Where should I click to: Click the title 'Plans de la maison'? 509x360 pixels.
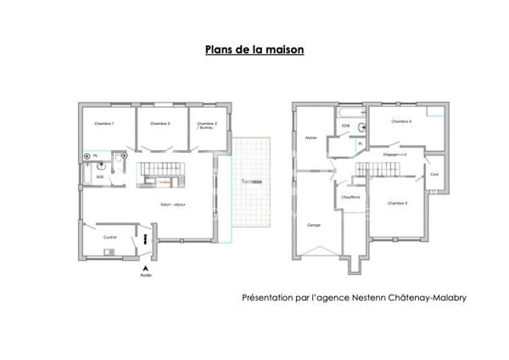(x=255, y=49)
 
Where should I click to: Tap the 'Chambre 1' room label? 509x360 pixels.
(x=104, y=124)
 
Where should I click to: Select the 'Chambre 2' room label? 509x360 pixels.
(x=160, y=124)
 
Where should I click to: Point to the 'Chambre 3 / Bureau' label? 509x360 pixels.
(x=207, y=126)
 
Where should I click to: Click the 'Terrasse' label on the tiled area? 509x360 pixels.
(x=250, y=182)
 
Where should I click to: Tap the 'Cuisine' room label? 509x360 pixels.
(x=109, y=237)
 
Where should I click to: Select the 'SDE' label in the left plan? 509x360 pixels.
(x=99, y=177)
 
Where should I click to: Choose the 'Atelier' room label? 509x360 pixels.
(x=310, y=136)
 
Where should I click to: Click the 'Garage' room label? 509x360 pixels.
(x=314, y=225)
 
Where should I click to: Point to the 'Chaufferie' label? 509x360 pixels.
(x=350, y=198)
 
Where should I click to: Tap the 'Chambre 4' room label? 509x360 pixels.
(x=401, y=121)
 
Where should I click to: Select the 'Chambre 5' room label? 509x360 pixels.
(x=397, y=203)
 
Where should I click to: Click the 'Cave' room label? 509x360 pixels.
(x=434, y=174)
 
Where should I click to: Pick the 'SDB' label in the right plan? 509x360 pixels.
(x=345, y=126)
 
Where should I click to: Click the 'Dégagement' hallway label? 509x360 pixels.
(x=395, y=155)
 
